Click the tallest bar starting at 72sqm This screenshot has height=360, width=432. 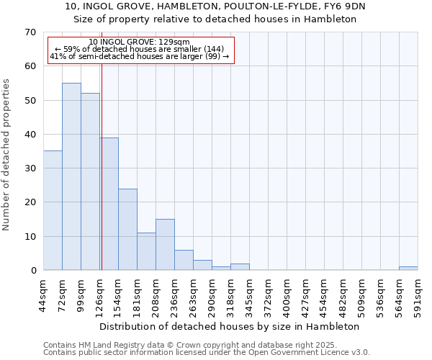click(x=71, y=176)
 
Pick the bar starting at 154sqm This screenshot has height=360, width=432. click(x=127, y=229)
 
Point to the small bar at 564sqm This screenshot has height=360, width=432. click(x=408, y=269)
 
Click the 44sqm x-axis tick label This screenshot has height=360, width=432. click(x=44, y=296)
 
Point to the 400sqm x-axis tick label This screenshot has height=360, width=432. click(x=287, y=296)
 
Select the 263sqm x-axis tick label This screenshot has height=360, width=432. click(x=193, y=296)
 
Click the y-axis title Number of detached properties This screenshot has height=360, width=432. click(x=7, y=155)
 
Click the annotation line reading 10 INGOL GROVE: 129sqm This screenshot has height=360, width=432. click(x=141, y=42)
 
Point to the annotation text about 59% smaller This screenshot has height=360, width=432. click(x=140, y=49)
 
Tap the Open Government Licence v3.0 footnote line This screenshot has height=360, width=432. click(x=207, y=352)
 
